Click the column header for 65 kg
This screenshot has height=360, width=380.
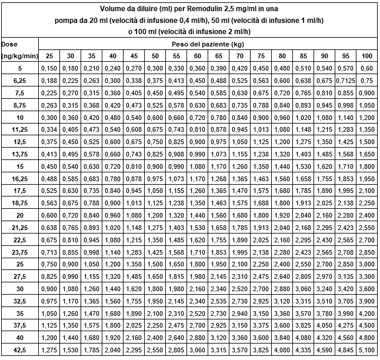(218, 56)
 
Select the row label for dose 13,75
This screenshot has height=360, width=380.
(20, 155)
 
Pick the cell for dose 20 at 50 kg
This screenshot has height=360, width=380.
(155, 216)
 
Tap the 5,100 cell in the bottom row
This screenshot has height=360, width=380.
(366, 351)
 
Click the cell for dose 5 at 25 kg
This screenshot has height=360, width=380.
(50, 68)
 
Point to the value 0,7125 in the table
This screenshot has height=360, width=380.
(345, 81)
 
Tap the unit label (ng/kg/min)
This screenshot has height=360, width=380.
(20, 56)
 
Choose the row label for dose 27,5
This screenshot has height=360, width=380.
(20, 277)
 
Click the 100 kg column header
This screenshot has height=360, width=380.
(366, 56)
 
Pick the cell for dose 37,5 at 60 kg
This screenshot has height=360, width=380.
(197, 326)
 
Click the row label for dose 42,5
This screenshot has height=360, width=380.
(20, 351)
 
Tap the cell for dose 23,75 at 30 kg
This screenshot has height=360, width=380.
(71, 252)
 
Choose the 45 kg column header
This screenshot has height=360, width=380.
(134, 56)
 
